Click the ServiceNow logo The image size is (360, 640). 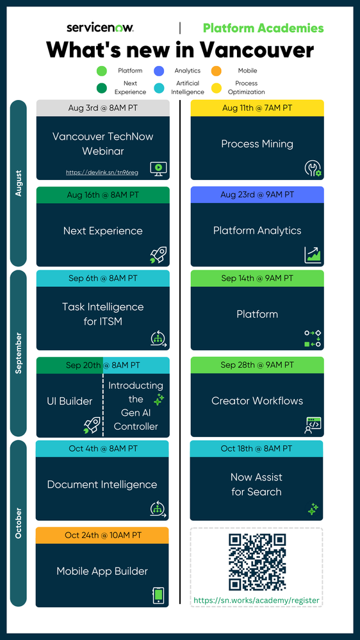(100, 28)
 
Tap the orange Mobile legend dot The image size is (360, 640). (217, 71)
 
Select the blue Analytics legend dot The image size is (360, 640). (159, 71)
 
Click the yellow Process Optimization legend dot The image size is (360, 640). (217, 88)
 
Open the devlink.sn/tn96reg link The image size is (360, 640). (102, 172)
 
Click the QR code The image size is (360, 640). (257, 562)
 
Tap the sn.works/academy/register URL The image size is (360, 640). (256, 600)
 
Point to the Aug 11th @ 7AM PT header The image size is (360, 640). (257, 108)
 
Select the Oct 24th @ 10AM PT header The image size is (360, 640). (102, 535)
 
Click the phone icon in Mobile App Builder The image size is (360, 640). (158, 596)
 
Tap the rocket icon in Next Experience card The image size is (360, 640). (158, 255)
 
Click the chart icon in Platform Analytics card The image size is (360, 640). (312, 255)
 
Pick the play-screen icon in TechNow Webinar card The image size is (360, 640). (158, 168)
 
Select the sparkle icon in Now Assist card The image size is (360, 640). (313, 509)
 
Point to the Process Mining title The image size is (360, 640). (257, 144)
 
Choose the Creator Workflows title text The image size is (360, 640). (257, 401)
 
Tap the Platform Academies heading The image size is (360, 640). (263, 28)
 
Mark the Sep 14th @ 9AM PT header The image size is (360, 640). (257, 279)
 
